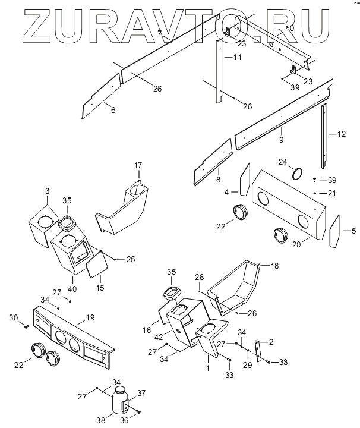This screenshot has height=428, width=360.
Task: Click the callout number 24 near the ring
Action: (x=283, y=162)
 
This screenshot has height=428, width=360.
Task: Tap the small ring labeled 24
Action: (x=298, y=173)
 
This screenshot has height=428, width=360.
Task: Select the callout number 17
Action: (x=138, y=165)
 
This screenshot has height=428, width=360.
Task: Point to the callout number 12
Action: (x=341, y=134)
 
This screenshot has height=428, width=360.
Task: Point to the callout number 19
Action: (x=90, y=318)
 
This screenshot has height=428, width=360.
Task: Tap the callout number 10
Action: (x=289, y=28)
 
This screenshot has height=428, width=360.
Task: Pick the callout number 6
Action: (x=113, y=109)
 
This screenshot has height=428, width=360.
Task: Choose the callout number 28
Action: (x=200, y=277)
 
